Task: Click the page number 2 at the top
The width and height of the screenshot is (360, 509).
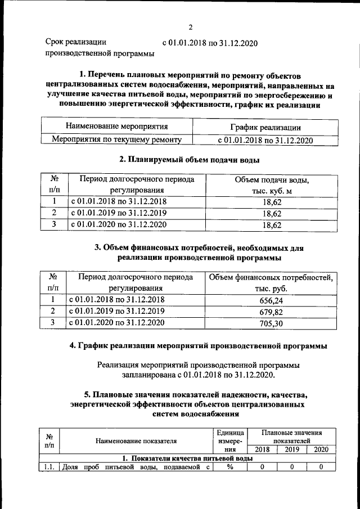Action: point(191,27)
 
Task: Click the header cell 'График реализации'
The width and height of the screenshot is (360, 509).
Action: point(264,128)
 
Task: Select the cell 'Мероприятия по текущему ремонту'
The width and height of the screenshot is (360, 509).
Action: point(117,139)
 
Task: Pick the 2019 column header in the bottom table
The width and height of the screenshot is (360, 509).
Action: point(291,449)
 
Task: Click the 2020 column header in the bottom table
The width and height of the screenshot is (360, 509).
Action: point(321,449)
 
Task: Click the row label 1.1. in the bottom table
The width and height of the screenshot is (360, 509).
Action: point(48,466)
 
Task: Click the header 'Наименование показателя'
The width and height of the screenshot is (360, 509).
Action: point(136,441)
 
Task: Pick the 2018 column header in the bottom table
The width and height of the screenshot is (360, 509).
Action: point(262,449)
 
